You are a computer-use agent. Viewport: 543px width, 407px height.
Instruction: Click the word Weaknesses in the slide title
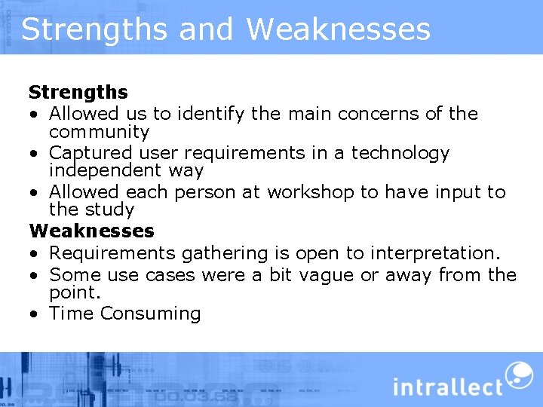(338, 29)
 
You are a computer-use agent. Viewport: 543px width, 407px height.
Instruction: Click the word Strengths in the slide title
(94, 29)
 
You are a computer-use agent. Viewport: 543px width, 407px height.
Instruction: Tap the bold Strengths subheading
(78, 93)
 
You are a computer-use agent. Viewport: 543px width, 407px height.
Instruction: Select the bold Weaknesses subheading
(91, 231)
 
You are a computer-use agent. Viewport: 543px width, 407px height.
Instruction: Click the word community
(100, 132)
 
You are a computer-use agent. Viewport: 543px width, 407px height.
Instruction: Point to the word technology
(400, 153)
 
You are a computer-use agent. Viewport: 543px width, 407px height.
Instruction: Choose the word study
(112, 210)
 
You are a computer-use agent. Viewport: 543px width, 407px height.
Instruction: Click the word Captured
(87, 153)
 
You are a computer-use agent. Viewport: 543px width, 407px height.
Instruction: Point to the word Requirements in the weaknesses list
(110, 253)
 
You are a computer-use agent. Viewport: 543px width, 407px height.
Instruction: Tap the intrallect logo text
(447, 386)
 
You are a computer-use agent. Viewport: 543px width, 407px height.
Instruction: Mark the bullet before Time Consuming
(35, 314)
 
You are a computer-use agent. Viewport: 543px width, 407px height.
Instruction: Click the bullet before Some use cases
(35, 274)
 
